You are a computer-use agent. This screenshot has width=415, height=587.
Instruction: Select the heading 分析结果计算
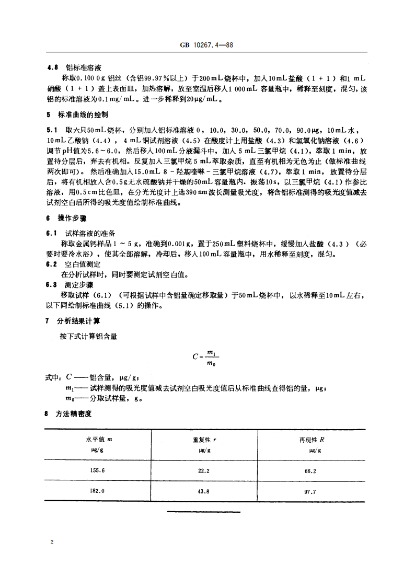(x=79, y=320)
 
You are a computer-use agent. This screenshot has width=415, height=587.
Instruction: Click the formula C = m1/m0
(x=206, y=358)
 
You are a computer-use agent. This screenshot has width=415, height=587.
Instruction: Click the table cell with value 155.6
(x=98, y=470)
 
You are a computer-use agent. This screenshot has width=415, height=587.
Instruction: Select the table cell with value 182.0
(x=98, y=491)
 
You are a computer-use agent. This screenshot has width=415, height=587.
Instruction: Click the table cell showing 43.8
(x=204, y=491)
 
